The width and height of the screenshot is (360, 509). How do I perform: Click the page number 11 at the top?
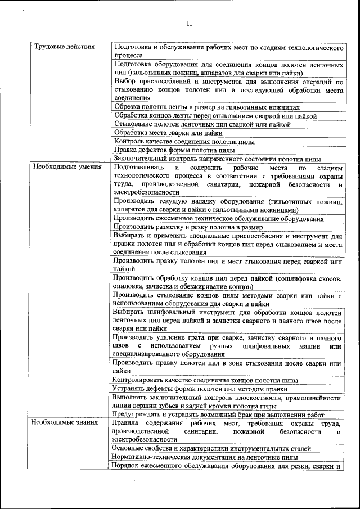pyautogui.click(x=189, y=24)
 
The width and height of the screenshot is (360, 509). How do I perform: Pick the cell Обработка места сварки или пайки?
pyautogui.click(x=168, y=133)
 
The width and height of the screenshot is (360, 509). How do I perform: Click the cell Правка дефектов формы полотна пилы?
pyautogui.click(x=174, y=150)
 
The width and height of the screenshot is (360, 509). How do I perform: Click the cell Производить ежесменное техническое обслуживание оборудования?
pyautogui.click(x=218, y=218)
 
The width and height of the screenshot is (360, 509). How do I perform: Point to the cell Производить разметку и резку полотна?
pyautogui.click(x=188, y=227)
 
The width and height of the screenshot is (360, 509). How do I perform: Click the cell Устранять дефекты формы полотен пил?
pyautogui.click(x=200, y=389)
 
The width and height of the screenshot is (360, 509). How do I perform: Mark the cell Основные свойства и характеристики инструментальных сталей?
pyautogui.click(x=211, y=448)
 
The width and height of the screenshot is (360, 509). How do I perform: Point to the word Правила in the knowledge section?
pyautogui.click(x=125, y=422)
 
